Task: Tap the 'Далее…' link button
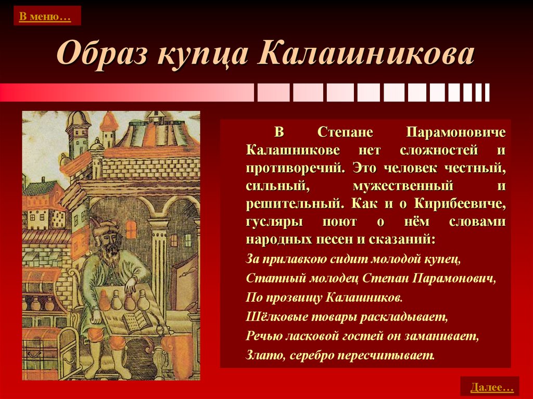point(490,387)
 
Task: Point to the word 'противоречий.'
point(295,168)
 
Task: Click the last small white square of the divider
point(487,93)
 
